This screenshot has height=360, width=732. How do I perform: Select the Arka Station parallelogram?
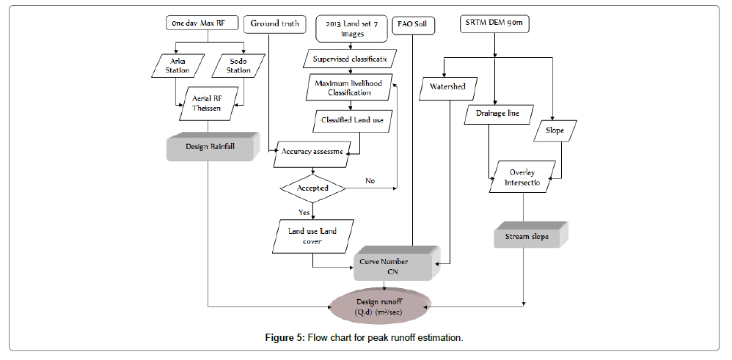pyautogui.click(x=177, y=66)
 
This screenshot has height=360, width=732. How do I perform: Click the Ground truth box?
pyautogui.click(x=274, y=23)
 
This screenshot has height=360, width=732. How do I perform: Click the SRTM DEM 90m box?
pyautogui.click(x=497, y=23)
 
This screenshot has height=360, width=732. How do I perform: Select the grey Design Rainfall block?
pyautogui.click(x=211, y=146)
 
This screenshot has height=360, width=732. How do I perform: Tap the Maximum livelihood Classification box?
pyautogui.click(x=348, y=88)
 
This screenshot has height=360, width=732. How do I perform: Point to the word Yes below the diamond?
pyautogui.click(x=303, y=213)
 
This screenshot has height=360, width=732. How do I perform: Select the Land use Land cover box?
pyautogui.click(x=312, y=236)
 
